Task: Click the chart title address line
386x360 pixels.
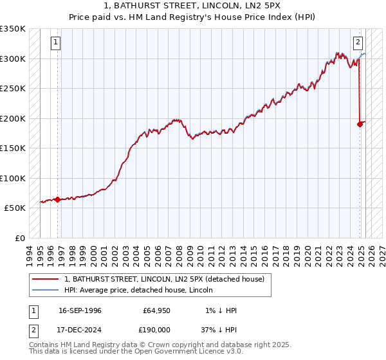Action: (x=193, y=6)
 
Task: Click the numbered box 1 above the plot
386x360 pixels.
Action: (x=56, y=43)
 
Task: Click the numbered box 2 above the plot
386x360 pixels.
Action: (x=357, y=43)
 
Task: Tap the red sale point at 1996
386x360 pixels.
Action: (x=57, y=199)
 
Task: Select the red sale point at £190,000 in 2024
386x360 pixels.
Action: (x=360, y=124)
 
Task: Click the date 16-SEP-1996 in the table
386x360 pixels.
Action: (x=80, y=310)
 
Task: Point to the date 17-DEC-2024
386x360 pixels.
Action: (x=80, y=329)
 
